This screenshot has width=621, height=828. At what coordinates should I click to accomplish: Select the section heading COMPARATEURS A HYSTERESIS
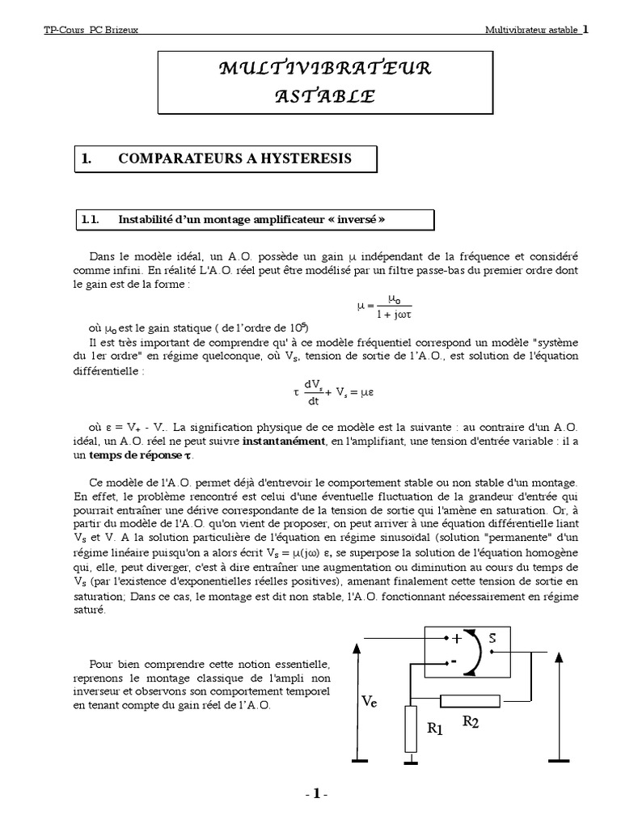click(x=234, y=158)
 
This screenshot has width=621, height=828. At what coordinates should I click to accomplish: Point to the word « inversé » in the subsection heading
click(x=357, y=218)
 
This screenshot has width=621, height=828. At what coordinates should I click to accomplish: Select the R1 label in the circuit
click(x=436, y=728)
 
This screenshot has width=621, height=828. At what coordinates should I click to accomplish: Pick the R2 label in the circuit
click(x=471, y=722)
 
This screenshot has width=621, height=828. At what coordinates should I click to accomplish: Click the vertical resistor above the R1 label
click(x=412, y=728)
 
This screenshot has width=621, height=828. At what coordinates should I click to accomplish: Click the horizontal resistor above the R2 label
click(x=470, y=700)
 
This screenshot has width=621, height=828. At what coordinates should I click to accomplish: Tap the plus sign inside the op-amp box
click(x=457, y=638)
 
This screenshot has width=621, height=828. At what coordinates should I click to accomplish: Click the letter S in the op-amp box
click(x=492, y=639)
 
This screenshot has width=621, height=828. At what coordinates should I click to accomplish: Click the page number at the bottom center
click(x=316, y=795)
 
